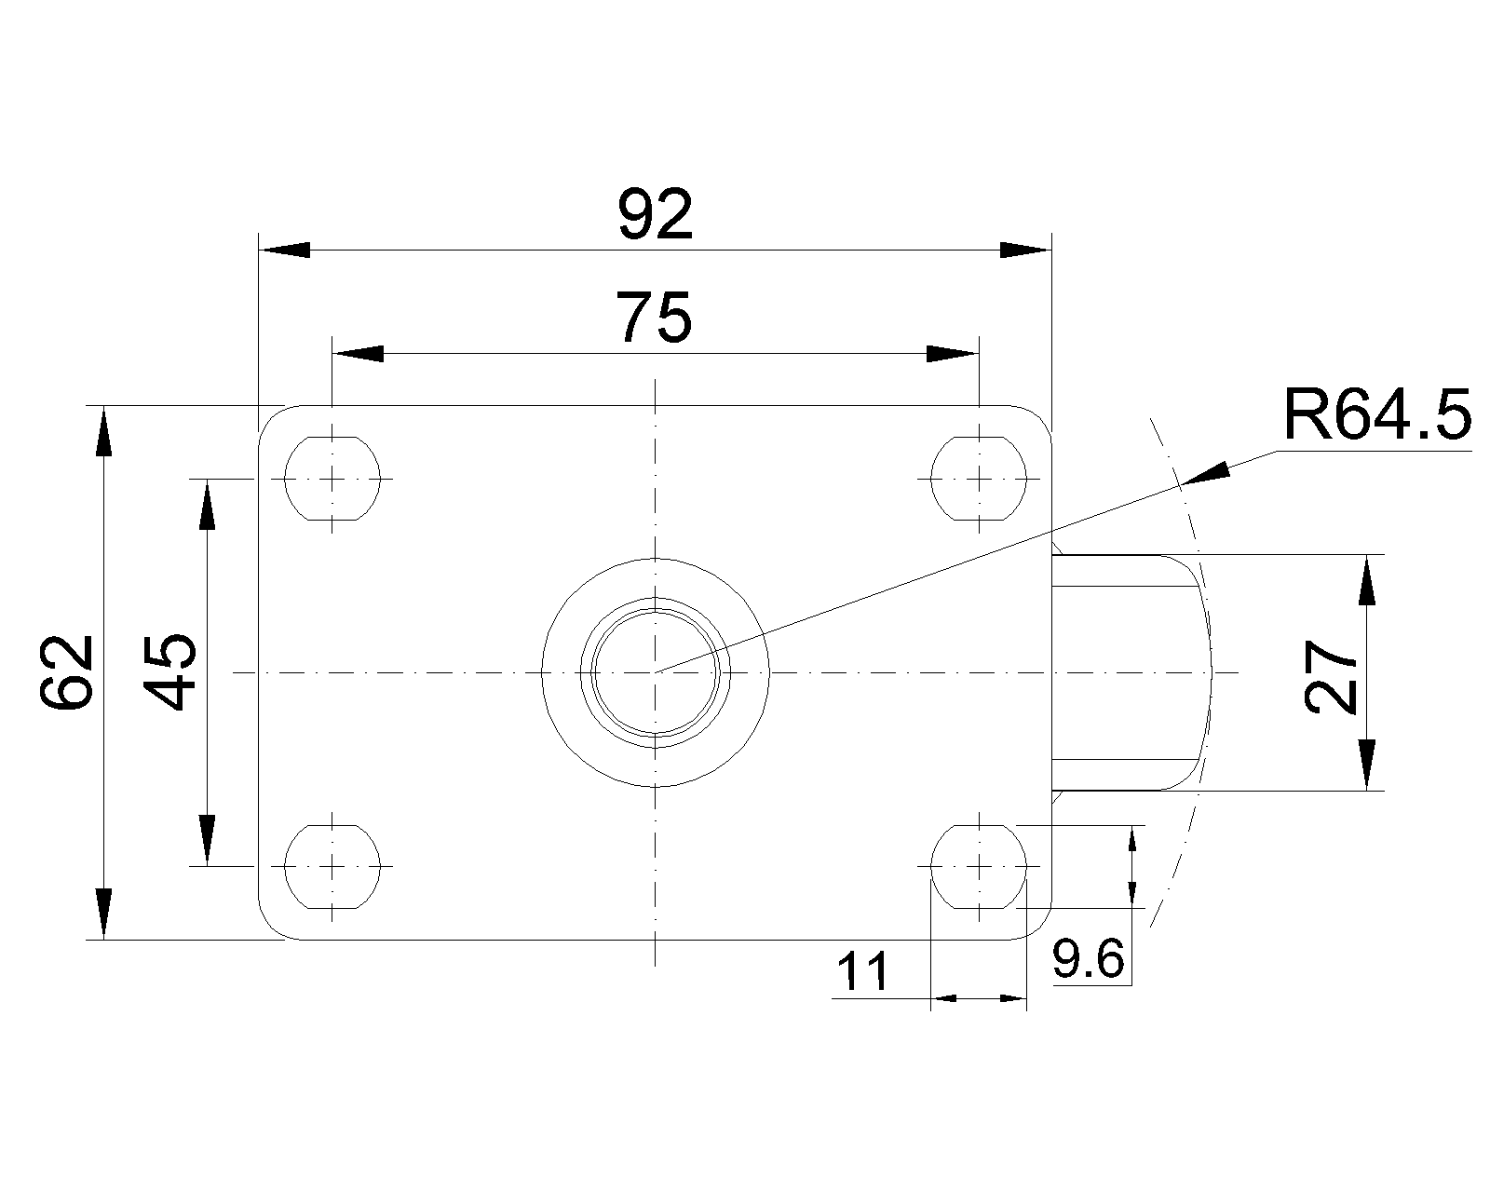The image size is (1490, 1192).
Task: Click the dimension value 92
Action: pos(656,215)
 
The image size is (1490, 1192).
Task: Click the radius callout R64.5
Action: pos(1376,415)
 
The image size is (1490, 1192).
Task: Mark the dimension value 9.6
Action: pos(1089,959)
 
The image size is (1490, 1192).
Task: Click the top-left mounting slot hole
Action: pos(332,478)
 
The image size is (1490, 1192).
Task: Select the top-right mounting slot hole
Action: pos(980,478)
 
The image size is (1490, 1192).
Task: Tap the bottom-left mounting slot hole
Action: pos(332,866)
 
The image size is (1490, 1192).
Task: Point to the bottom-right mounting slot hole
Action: pos(980,866)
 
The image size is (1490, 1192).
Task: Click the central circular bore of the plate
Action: pos(656,671)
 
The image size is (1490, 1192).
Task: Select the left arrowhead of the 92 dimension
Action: pos(284,251)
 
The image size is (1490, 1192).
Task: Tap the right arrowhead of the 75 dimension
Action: pos(954,354)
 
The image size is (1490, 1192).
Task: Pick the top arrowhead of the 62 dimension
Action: pos(103,430)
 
